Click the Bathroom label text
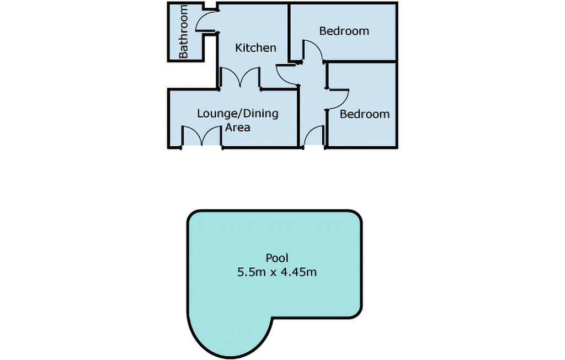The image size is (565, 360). click(x=183, y=31)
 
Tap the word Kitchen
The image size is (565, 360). click(x=255, y=47)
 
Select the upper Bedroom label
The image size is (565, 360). click(x=344, y=31)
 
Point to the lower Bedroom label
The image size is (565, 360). click(x=365, y=114)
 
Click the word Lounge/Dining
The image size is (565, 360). click(x=238, y=114)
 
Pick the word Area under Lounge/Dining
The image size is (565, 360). click(x=237, y=128)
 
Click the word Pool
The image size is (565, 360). click(x=277, y=258)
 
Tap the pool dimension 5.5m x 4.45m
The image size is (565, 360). click(x=277, y=272)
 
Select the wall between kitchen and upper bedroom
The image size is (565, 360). click(x=289, y=31)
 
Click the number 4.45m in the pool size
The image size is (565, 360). click(x=299, y=272)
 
